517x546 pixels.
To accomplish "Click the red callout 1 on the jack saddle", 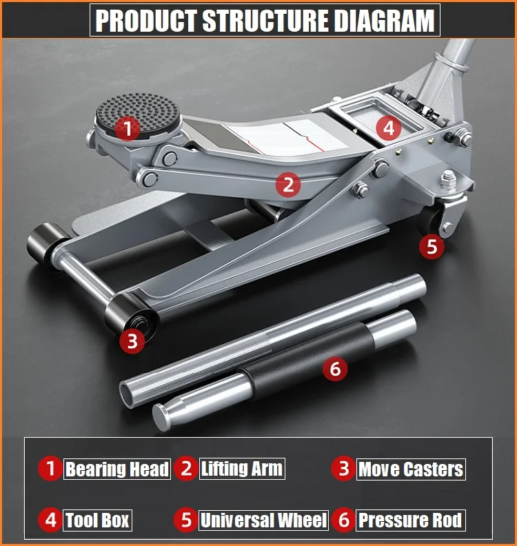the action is [x=127, y=127].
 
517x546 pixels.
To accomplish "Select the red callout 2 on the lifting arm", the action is [x=288, y=184].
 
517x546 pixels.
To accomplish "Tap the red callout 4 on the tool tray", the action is [x=389, y=128].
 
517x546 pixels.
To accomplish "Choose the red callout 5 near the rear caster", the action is [x=432, y=246].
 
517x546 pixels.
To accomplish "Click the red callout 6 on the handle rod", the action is [x=335, y=369].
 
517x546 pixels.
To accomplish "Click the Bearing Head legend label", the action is [x=116, y=469].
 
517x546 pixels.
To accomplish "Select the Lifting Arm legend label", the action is [x=241, y=469].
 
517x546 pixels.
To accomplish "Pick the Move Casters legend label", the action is [x=410, y=469].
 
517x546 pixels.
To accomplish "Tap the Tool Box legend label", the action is [x=97, y=520].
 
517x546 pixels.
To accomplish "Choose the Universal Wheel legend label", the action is [x=263, y=520].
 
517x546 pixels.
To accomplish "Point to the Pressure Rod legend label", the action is [x=410, y=520].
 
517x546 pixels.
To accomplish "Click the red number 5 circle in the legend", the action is [x=186, y=520].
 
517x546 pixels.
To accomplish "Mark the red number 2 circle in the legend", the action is [x=186, y=469].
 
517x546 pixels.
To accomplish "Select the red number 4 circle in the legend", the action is [x=50, y=520].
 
